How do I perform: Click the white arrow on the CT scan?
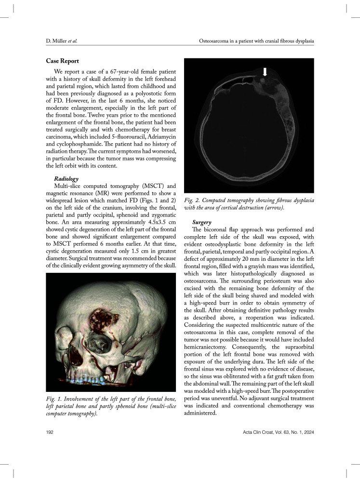264,72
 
